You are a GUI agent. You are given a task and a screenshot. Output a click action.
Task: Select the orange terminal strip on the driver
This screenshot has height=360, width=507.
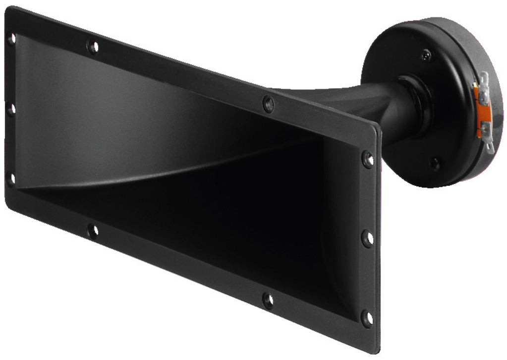[x=479, y=112]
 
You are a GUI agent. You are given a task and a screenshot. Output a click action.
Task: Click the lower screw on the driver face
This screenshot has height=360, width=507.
[x=435, y=163]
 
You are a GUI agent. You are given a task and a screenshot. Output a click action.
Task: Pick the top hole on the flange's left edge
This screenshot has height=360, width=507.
[x=11, y=38]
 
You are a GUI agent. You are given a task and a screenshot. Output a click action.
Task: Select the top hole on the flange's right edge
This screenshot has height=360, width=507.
[x=367, y=159]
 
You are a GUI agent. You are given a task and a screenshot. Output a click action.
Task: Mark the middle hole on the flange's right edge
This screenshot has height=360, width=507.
[x=367, y=238]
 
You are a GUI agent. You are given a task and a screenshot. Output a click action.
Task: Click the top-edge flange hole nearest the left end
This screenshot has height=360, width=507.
[x=92, y=47]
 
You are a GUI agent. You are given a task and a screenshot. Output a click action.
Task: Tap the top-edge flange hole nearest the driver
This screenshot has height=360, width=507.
[x=268, y=104]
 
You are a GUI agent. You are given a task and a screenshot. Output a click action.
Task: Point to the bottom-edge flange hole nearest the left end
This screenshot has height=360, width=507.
[x=92, y=230]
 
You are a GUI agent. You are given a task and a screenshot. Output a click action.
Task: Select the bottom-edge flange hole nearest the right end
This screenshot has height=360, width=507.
[x=268, y=300]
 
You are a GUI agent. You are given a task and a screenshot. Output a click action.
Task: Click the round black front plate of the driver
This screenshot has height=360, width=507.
[x=436, y=109]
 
